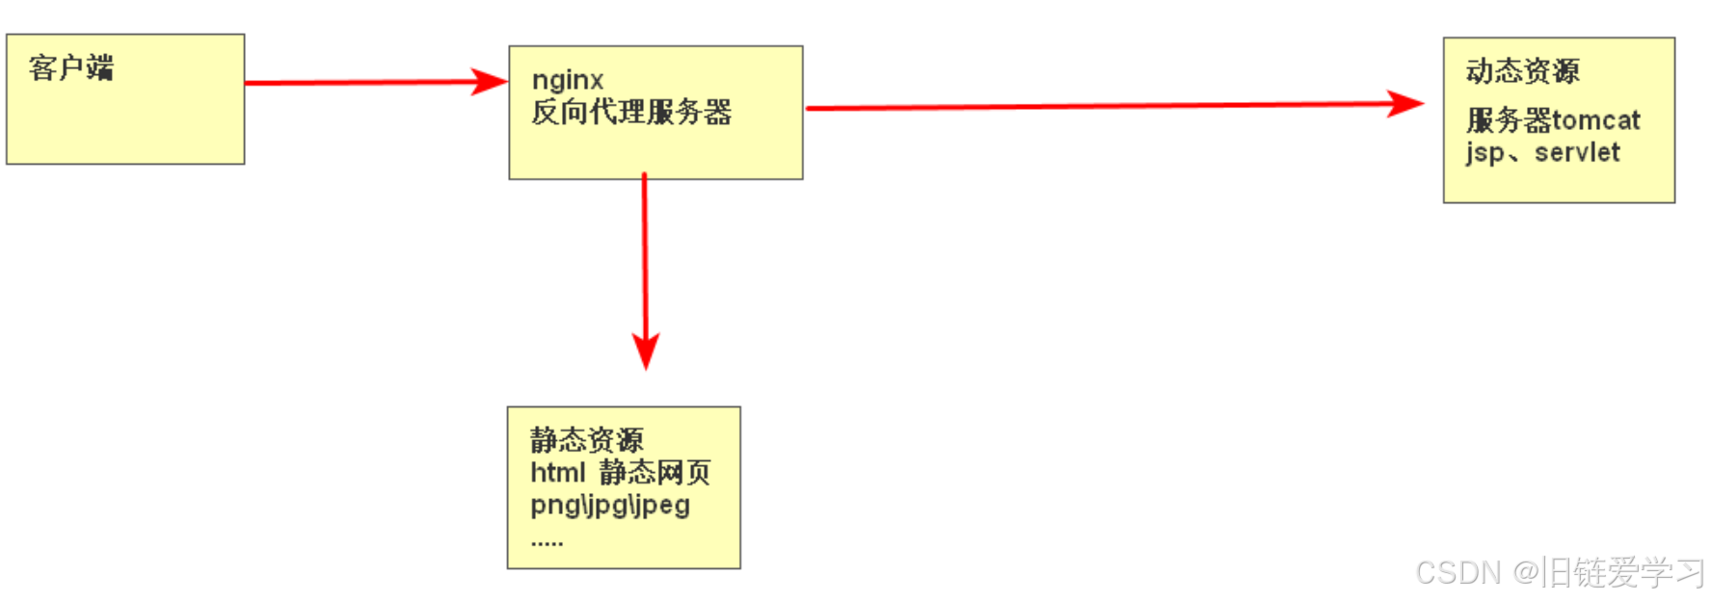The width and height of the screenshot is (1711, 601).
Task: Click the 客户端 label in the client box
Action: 71,67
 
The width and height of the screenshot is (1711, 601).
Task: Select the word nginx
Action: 568,80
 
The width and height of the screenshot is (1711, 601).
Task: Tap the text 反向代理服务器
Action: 631,112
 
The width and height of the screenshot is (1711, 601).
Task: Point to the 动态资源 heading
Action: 1522,70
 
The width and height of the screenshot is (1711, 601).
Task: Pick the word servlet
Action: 1577,152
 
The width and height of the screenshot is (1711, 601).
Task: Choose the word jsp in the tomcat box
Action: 1484,153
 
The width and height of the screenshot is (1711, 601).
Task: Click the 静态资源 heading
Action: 586,440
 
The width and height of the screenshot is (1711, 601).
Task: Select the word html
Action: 557,472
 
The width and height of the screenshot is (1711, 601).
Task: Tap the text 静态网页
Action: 655,472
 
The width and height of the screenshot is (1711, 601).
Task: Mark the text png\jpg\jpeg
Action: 610,504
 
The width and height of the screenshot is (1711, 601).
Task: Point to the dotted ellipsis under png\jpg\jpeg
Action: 547,543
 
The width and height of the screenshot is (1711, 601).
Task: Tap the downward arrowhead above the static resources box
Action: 646,351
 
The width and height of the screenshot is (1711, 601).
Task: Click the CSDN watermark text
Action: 1457,572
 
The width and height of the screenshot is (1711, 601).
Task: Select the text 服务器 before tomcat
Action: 1509,120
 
